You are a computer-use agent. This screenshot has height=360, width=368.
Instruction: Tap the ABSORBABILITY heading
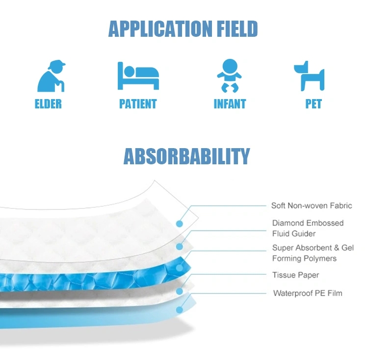coord(186,156)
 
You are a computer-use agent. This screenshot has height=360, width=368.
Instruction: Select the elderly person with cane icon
coord(52,76)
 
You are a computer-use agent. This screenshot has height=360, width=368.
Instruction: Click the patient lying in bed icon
coord(138,76)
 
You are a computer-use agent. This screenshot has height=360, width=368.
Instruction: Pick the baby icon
coord(229,76)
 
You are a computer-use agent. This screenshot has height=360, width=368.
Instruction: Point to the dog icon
coord(309,76)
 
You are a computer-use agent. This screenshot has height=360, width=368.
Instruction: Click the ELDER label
coord(48,104)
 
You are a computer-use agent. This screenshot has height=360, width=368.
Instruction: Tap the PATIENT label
coord(138,104)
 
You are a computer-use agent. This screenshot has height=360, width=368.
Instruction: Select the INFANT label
coord(230,104)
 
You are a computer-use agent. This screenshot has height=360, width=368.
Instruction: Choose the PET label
coord(314,104)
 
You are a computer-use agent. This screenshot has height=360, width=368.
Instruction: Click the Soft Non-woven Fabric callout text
coord(312,206)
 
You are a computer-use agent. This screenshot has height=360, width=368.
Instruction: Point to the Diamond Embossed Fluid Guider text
coord(308,228)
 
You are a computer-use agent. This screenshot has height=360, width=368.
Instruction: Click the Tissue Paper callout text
coord(295,275)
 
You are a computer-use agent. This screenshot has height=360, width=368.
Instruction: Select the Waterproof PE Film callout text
coord(308,293)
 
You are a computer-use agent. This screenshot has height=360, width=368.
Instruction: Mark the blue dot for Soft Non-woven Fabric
coord(180,224)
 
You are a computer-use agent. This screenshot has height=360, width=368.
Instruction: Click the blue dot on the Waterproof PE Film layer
coord(180,310)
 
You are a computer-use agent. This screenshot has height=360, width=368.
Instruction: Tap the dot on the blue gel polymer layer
coord(180,268)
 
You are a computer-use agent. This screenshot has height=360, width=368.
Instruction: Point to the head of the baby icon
coord(230,67)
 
